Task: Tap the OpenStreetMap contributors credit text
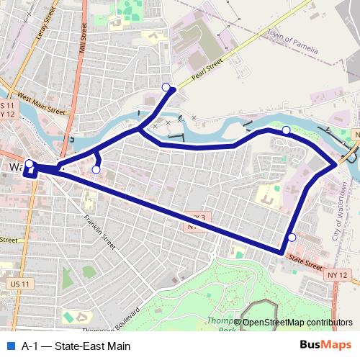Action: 297,323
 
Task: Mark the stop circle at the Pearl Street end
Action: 166,88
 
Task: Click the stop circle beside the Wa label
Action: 29,163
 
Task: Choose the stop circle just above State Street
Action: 292,238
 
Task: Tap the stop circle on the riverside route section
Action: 286,130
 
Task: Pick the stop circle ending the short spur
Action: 96,170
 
